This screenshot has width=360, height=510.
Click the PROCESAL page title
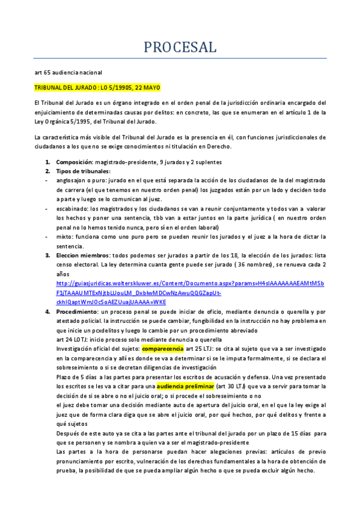point(180,47)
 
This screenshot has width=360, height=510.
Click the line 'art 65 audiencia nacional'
point(68,73)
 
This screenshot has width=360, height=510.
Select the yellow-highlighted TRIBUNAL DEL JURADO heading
point(97,87)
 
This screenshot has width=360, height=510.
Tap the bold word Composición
point(74,162)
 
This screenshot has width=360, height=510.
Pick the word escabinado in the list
point(73,208)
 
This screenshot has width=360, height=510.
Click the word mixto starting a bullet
point(64,237)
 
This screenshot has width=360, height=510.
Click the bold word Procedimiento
point(78,312)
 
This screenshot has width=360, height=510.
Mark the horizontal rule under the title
point(180,59)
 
